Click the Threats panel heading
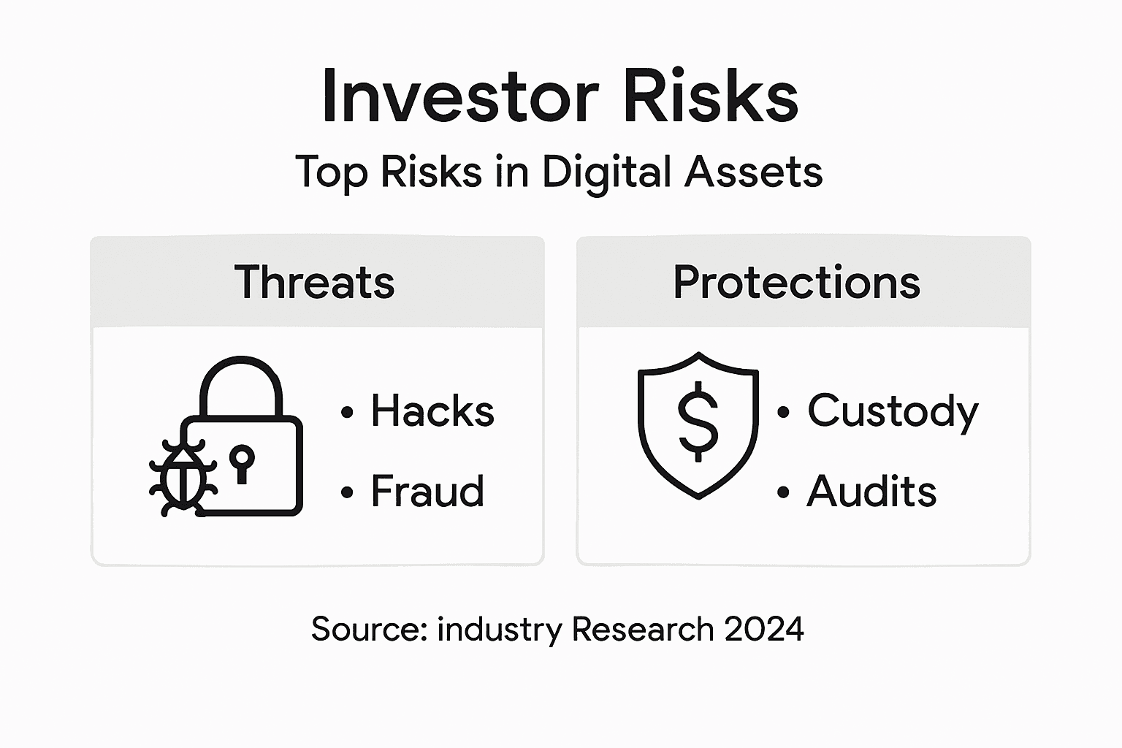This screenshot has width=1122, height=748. pos(314,282)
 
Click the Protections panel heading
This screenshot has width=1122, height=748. pos(796,282)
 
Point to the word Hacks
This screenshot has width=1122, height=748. pos(432,411)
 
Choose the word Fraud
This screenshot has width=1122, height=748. pos(427,491)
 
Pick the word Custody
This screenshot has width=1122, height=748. pos(893,412)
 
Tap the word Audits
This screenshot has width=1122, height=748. pos(871,491)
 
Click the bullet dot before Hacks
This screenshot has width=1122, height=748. pos(347,413)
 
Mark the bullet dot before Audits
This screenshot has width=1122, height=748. pos(784,493)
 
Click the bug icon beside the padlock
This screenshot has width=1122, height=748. pos(182,478)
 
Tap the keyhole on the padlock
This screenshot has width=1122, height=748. pos(242,463)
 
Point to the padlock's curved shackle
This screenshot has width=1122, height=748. pos(241,380)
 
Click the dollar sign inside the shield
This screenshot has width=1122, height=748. pos(698,421)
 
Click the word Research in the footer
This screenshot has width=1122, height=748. pos(643,629)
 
